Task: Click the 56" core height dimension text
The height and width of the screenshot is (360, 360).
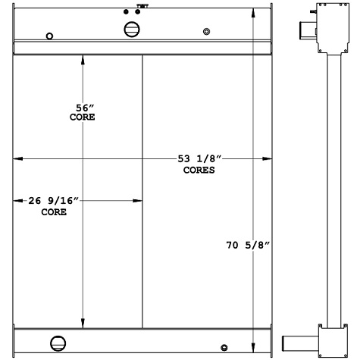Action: pyautogui.click(x=85, y=108)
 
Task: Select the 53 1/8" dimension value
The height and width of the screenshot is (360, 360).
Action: pyautogui.click(x=199, y=158)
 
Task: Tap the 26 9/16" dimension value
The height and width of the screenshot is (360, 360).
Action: pyautogui.click(x=54, y=201)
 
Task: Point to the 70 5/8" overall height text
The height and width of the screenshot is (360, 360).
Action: pyautogui.click(x=248, y=245)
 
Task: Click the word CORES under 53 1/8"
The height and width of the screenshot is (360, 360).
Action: pyautogui.click(x=199, y=170)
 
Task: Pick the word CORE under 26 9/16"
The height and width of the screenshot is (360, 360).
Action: pyautogui.click(x=54, y=212)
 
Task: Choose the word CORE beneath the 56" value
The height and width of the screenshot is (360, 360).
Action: pyautogui.click(x=83, y=117)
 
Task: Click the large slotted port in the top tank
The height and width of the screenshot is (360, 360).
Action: pyautogui.click(x=132, y=30)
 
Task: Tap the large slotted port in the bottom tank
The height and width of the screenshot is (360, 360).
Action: pyautogui.click(x=58, y=343)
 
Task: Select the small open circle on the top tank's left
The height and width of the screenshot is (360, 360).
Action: pyautogui.click(x=49, y=36)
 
